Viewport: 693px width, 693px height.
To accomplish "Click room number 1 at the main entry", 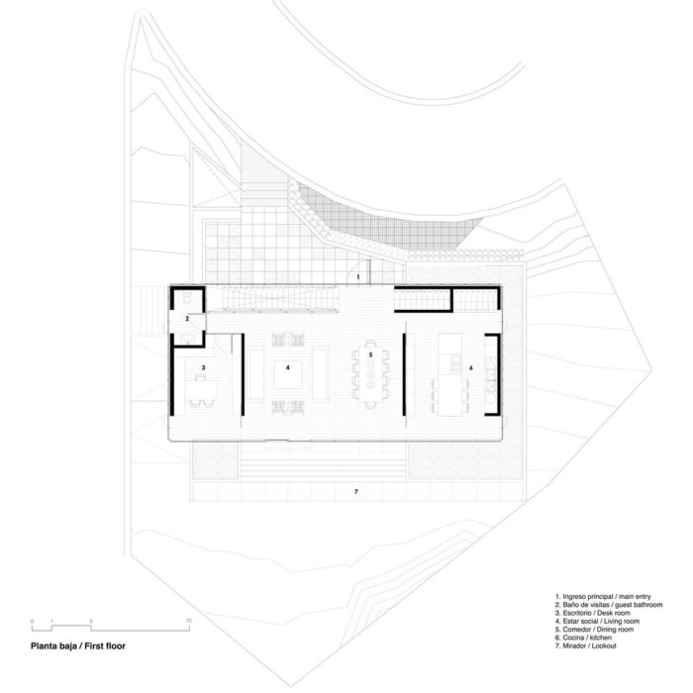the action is coord(358,277).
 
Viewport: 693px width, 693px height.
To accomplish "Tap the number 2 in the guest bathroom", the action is coord(187,318).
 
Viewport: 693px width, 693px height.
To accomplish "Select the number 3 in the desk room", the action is coord(203,367).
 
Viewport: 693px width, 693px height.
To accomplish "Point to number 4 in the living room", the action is coord(288,367).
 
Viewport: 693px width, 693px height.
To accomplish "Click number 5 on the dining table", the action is coord(371,354).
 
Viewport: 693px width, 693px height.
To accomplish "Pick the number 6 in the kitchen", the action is coord(471,367).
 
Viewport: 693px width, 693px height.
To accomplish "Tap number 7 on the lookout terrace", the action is coord(356,491).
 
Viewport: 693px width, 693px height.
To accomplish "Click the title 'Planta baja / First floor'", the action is coord(78,646).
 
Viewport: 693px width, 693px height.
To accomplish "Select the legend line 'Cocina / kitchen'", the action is coord(583,638).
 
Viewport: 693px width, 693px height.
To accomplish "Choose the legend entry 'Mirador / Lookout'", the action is coord(586,645).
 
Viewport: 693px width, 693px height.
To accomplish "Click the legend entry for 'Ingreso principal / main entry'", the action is coord(603,597).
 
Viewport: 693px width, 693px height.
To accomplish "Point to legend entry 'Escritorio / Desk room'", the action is coord(593,613).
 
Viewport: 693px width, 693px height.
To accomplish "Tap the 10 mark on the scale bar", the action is coord(189,621).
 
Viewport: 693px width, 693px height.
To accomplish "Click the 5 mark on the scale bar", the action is coord(91,621).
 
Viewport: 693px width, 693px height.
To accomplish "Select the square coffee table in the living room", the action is coord(288,375).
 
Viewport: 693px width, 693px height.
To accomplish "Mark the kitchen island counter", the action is coord(449,375).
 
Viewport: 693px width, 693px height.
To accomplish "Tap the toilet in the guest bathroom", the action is coord(186,297).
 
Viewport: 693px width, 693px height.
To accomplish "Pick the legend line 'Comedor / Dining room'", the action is coord(594,630).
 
